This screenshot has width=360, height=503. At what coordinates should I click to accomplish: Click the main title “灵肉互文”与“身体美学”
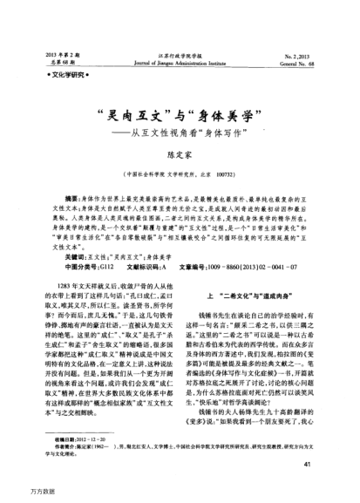179,115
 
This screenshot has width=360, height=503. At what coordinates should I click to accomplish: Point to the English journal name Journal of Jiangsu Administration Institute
180,63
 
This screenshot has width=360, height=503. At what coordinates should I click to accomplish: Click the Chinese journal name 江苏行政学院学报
180,54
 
